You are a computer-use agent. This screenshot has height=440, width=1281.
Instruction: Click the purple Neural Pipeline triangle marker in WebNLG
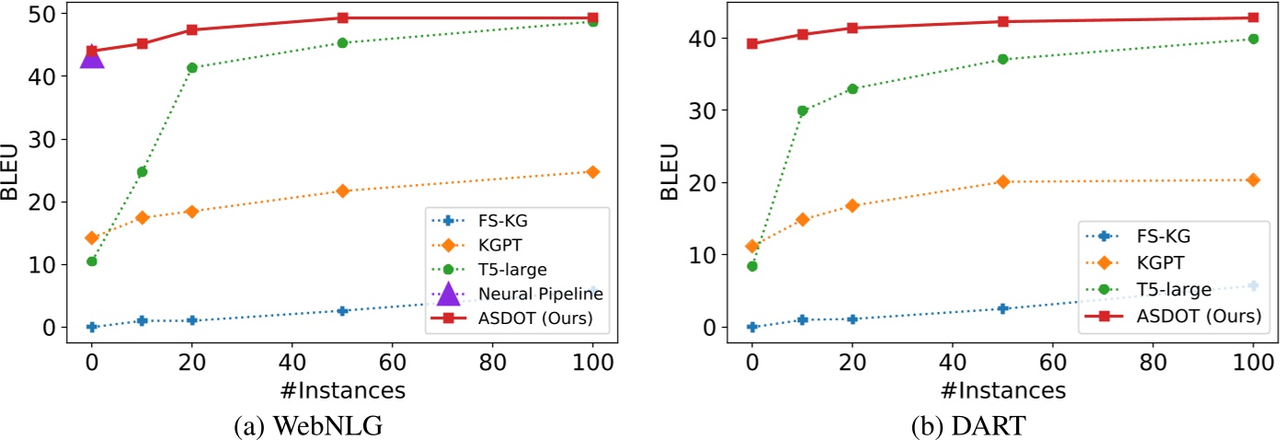click(x=92, y=58)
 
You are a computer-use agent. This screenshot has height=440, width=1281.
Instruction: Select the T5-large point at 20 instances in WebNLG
click(x=192, y=67)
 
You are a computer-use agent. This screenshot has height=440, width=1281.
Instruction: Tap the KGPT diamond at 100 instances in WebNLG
click(x=592, y=172)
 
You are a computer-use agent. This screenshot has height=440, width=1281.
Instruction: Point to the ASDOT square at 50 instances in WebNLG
click(x=342, y=17)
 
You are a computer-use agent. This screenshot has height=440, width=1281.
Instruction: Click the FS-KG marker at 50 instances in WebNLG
click(x=342, y=311)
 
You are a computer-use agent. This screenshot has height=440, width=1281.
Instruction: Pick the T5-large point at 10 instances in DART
click(x=802, y=110)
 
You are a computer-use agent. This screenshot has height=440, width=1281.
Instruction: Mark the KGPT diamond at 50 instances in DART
click(x=1002, y=181)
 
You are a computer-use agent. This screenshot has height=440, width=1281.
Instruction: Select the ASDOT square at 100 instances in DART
click(x=1252, y=17)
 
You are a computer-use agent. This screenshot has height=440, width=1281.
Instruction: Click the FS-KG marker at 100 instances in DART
click(x=1252, y=285)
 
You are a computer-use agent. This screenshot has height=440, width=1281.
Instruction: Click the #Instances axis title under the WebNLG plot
click(x=342, y=390)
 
